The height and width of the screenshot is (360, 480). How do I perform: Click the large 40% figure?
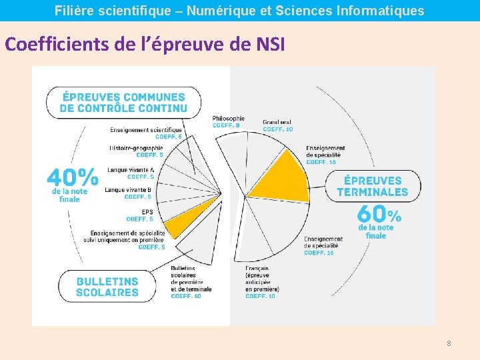pyautogui.click(x=72, y=177)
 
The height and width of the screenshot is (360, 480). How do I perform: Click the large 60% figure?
pyautogui.click(x=379, y=214)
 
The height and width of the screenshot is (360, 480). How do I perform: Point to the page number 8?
pyautogui.click(x=449, y=343)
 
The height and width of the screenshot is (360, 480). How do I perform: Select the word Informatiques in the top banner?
pyautogui.click(x=384, y=11)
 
